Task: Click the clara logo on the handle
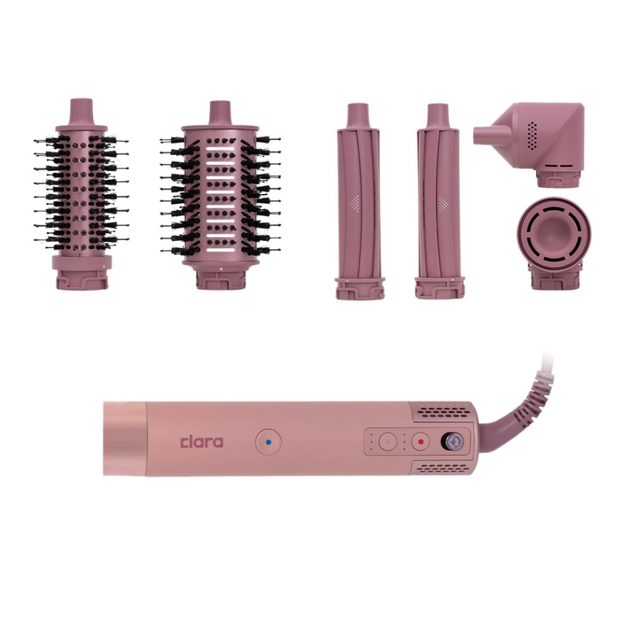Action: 202,442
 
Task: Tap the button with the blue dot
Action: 269,442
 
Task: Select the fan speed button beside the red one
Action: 388,441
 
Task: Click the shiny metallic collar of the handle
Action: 124,439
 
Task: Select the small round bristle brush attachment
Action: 81,194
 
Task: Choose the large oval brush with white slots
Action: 221,195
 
